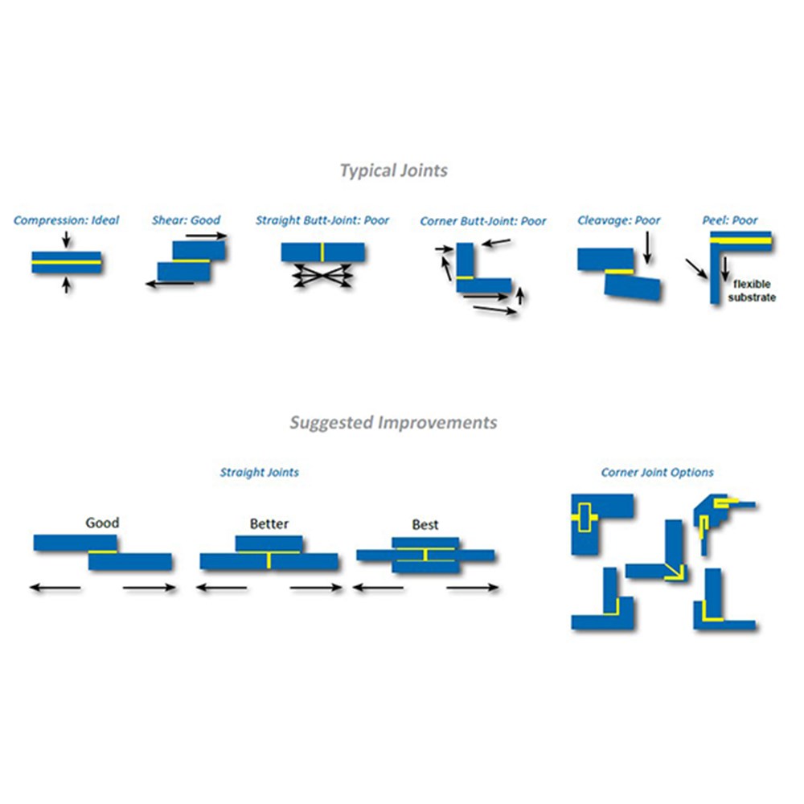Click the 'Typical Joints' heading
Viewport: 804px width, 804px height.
tap(394, 170)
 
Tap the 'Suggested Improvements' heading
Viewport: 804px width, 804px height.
tap(393, 423)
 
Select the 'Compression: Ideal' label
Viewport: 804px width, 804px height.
tap(66, 220)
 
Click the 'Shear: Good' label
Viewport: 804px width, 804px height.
tap(187, 220)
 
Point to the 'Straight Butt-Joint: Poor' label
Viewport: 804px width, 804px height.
tap(322, 220)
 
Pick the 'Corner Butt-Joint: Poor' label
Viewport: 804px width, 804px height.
tap(483, 221)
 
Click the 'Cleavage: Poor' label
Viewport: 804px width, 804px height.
tap(619, 220)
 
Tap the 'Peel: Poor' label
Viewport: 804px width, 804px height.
tap(730, 220)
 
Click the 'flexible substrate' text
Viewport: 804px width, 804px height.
tap(752, 291)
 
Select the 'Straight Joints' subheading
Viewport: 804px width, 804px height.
tap(260, 472)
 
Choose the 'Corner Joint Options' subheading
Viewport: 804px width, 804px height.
tap(658, 472)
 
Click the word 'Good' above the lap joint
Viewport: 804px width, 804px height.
tap(103, 523)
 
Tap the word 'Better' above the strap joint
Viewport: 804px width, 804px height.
tap(269, 524)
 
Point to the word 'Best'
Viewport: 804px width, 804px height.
tap(425, 524)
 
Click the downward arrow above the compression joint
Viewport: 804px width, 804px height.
tap(66, 240)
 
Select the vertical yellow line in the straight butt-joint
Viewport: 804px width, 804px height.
tap(322, 252)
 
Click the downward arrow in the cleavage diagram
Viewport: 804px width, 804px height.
tap(647, 248)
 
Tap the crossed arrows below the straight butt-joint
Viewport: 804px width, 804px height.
tap(322, 275)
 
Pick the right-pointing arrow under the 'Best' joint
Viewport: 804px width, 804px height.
tap(472, 588)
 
